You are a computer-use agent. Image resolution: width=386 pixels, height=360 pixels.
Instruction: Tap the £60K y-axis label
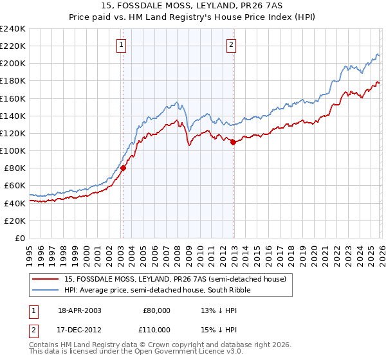point(14,186)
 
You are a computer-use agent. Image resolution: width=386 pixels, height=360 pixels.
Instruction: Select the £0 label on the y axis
point(19,238)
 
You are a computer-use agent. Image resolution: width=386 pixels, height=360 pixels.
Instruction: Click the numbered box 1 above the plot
point(122,44)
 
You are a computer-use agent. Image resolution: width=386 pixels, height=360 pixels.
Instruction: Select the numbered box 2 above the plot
point(231,44)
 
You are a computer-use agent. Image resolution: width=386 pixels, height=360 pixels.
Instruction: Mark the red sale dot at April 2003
point(123,168)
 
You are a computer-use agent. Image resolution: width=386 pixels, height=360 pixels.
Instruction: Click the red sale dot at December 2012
point(233,142)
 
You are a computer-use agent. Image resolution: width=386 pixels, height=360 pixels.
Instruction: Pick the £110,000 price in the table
point(156,328)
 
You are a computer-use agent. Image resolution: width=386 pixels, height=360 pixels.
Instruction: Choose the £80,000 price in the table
point(156,310)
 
